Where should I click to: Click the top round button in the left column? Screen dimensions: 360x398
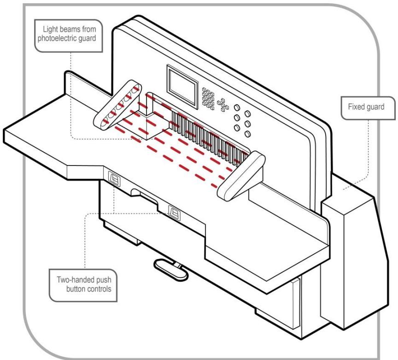click(237, 107)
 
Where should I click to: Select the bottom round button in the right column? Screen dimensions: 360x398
click(247, 134)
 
